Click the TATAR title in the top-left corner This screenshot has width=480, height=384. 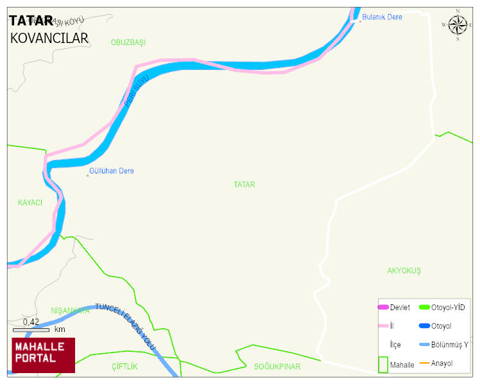tap(31, 21)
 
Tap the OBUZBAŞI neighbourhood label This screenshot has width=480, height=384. tap(128, 42)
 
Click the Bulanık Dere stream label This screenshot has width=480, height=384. tap(382, 17)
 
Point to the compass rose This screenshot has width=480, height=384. tap(458, 25)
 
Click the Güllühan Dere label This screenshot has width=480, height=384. tap(112, 171)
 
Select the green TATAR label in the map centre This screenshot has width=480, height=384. tap(244, 184)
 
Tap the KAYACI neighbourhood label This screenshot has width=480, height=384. tap(30, 202)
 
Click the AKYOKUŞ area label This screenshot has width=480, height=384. tap(404, 271)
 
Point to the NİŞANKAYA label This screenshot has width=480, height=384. tap(70, 311)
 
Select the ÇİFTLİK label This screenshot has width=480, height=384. tap(124, 366)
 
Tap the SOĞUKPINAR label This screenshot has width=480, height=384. tap(277, 367)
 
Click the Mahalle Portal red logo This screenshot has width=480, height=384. tap(43, 354)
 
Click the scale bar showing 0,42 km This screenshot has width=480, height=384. tap(40, 329)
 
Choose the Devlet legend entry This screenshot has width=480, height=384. tap(394, 308)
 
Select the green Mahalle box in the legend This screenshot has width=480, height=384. tap(382, 364)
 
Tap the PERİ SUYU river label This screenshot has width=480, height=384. tap(135, 91)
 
